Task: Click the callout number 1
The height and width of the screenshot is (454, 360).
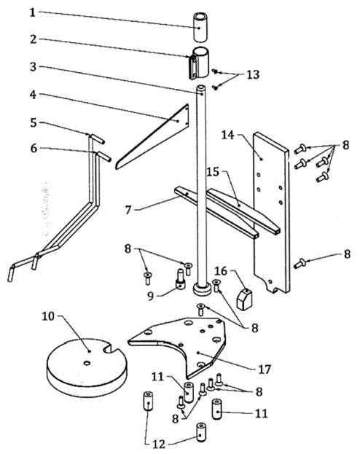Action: point(33,12)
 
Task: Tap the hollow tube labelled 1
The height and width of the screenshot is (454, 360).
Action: point(200,28)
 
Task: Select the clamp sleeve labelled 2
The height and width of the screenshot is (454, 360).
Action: point(199,63)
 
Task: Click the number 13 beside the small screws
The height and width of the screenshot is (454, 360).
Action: point(253,75)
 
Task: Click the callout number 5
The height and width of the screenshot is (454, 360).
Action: point(34,122)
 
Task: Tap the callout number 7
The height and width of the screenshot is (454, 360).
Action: point(128,210)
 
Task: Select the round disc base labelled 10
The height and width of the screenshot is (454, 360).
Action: point(87,368)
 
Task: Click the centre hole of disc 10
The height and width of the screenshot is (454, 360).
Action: point(86,363)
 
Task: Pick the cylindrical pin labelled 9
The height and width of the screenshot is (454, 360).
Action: point(181,279)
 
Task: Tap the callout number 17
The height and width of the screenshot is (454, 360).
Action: point(265,369)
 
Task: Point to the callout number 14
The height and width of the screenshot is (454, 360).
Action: point(227,135)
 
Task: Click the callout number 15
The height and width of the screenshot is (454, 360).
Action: point(214,172)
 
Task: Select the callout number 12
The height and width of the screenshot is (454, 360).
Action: point(159,444)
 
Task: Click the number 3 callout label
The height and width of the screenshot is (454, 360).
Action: point(34,67)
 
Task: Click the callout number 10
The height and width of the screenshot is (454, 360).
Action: point(48,316)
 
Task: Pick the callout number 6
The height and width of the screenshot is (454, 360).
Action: point(34,149)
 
